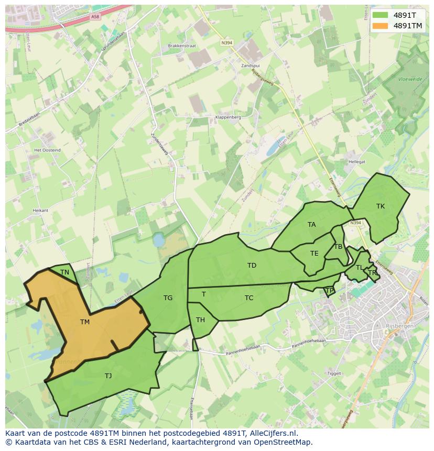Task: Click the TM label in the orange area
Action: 85,322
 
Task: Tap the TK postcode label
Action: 381,206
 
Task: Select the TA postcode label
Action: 312,225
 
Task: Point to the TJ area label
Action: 108,376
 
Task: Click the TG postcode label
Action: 168,298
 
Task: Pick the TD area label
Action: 252,266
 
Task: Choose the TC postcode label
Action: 249,298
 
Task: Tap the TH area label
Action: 200,320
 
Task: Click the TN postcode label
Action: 64,272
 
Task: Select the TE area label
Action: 314,254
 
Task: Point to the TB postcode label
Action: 338,247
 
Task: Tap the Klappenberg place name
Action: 228,117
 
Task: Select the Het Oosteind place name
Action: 47,150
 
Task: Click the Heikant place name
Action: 40,210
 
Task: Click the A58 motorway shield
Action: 94,17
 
